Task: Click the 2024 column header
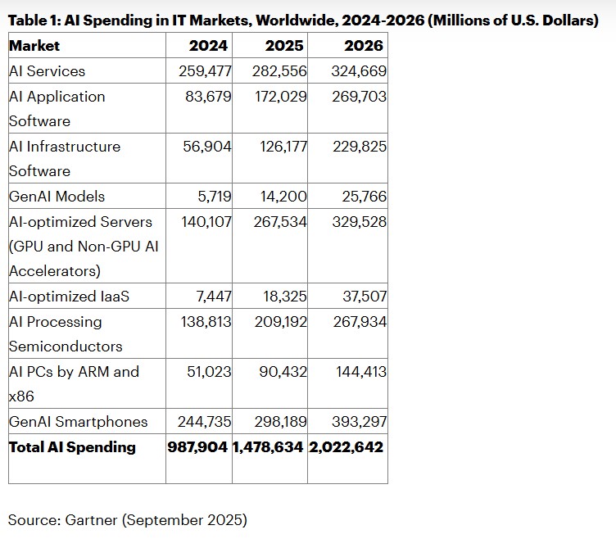(208, 46)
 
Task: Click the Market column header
(34, 46)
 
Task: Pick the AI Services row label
(47, 71)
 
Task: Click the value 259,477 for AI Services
(205, 71)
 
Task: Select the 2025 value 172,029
(280, 97)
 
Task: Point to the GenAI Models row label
(57, 197)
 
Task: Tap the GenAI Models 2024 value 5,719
(214, 197)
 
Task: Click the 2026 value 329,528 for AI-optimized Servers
(359, 222)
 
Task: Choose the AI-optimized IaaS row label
(69, 297)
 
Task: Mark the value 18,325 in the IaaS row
(284, 297)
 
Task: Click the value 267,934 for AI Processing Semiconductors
(359, 322)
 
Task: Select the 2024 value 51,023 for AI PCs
(209, 372)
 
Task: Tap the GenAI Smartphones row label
(79, 422)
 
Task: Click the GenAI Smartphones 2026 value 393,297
(359, 422)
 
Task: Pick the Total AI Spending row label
(72, 447)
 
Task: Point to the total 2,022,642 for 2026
(346, 447)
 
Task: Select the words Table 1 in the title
(33, 20)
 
